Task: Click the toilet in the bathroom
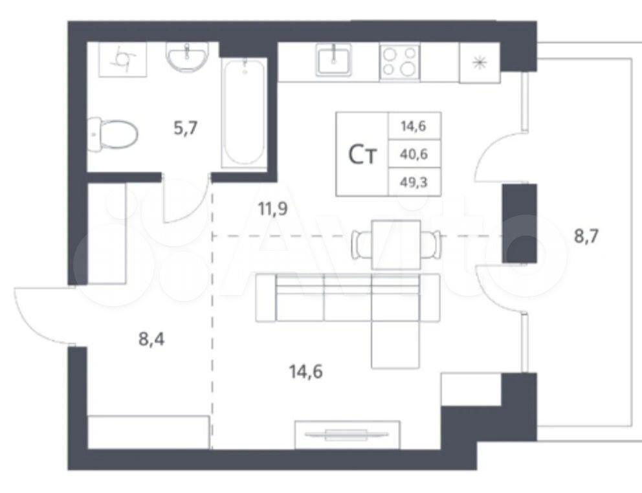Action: point(113,135)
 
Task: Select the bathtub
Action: point(244,112)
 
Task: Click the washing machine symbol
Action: point(123,59)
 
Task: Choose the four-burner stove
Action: point(399,62)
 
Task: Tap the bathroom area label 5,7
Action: point(186,129)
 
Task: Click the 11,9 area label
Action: point(272,209)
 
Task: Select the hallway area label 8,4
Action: point(151,340)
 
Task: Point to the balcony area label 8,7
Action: point(586,236)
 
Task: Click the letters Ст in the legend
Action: point(362,155)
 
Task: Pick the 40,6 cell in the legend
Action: point(414,154)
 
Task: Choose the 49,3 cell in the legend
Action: point(414,182)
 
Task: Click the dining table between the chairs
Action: point(396,245)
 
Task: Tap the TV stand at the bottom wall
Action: point(347,434)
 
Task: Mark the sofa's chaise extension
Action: point(395,344)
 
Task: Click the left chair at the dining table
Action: point(360,245)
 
